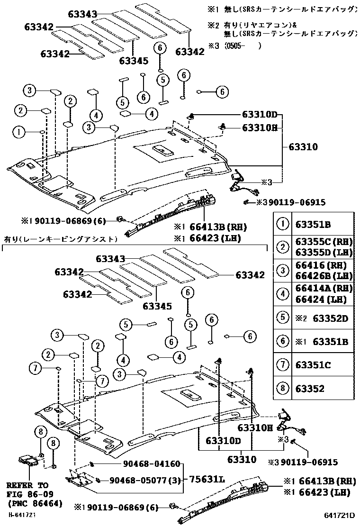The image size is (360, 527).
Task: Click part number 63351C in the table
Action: tap(316, 365)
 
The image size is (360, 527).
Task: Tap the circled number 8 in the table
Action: tap(282, 389)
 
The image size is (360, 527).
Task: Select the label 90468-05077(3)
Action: tap(142, 480)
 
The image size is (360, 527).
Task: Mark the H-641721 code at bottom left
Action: tap(22, 514)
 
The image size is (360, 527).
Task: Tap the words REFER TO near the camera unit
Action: tap(27, 485)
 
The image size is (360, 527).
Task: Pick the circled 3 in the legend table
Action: tap(282, 271)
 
